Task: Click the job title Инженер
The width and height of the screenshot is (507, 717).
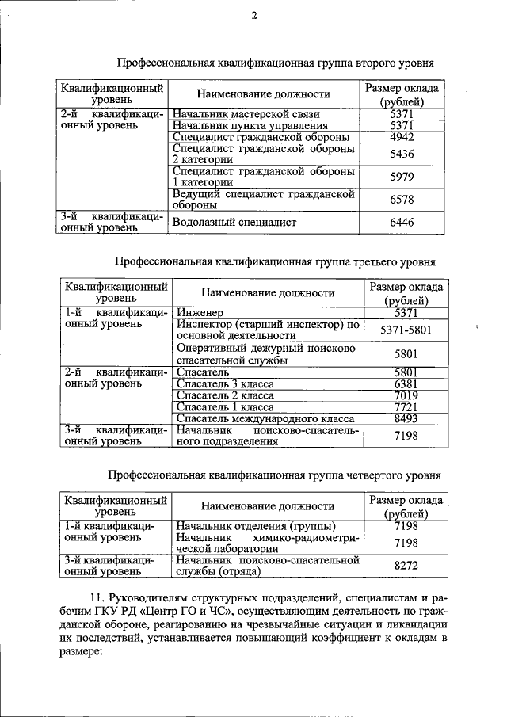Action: (x=201, y=313)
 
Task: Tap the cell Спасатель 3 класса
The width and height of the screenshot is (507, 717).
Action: (x=225, y=383)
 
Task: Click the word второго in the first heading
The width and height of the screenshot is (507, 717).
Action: (x=372, y=62)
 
